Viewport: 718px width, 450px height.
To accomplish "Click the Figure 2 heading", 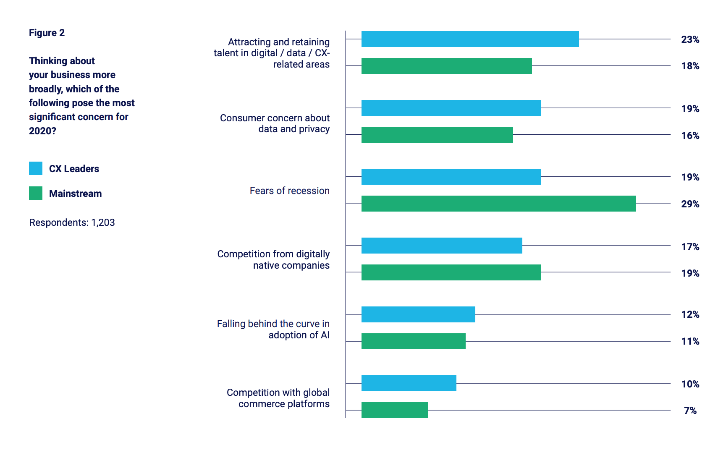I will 47,33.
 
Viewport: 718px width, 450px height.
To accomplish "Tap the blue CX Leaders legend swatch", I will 36,168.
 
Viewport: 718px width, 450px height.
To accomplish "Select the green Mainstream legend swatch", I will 36,193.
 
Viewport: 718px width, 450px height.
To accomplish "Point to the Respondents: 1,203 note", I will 72,222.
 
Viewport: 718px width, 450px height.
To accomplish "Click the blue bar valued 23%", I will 470,39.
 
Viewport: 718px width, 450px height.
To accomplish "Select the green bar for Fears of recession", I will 498,204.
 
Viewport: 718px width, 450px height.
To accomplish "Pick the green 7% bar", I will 394,410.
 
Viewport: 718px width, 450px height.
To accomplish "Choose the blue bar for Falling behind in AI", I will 418,314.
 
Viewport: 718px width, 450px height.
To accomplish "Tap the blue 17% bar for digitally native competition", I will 442,246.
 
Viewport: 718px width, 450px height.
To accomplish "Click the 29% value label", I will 690,204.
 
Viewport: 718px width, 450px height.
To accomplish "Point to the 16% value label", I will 690,136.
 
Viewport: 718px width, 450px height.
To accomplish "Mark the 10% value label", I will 690,384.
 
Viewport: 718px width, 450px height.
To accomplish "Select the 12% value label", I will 690,314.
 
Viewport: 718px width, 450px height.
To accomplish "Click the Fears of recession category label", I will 289,191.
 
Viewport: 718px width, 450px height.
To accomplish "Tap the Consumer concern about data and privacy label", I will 275,123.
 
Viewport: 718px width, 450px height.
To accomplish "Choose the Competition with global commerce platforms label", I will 278,398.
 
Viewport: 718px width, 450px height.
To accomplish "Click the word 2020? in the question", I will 42,131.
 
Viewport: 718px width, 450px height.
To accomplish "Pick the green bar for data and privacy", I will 437,135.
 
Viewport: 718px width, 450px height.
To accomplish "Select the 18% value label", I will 690,66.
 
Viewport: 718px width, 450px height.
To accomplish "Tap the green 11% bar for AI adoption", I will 413,341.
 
